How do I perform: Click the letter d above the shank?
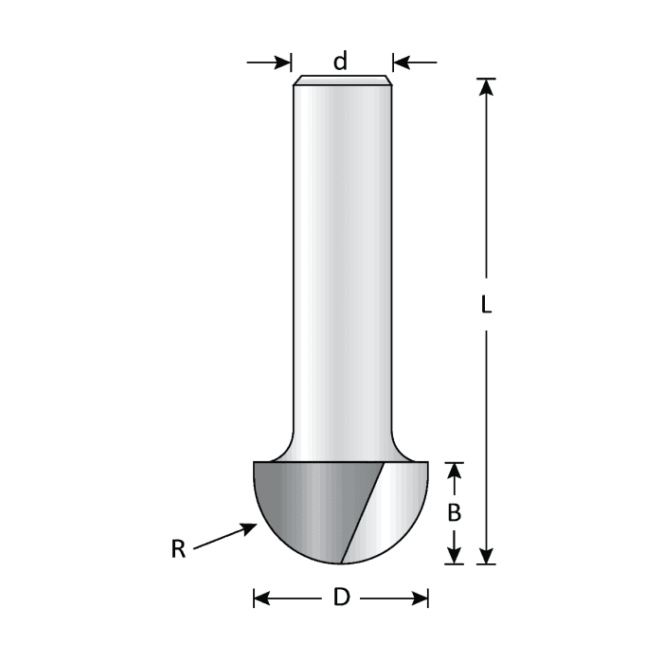pos(340,63)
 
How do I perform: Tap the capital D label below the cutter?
pos(342,598)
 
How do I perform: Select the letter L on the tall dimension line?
pos(486,307)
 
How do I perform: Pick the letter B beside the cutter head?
pos(454,512)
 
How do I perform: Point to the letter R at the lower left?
pos(178,549)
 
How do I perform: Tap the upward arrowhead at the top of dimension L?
pos(486,87)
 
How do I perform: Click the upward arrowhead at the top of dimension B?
pos(454,472)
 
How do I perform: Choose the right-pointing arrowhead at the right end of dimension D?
pos(421,598)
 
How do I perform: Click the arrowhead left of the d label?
pos(283,63)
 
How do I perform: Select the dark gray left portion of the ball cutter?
pos(303,507)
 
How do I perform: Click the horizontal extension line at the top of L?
pos(486,78)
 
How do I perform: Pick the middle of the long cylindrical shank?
pos(341,265)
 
